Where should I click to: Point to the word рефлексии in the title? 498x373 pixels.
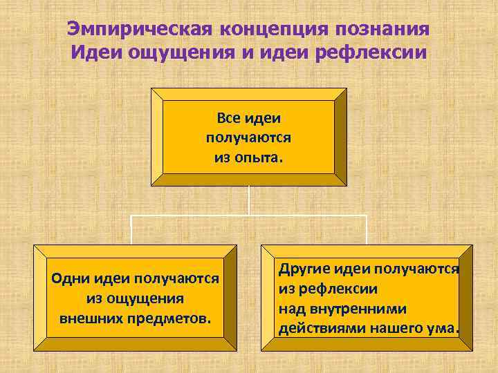375,52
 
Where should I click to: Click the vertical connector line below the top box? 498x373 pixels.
249,200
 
